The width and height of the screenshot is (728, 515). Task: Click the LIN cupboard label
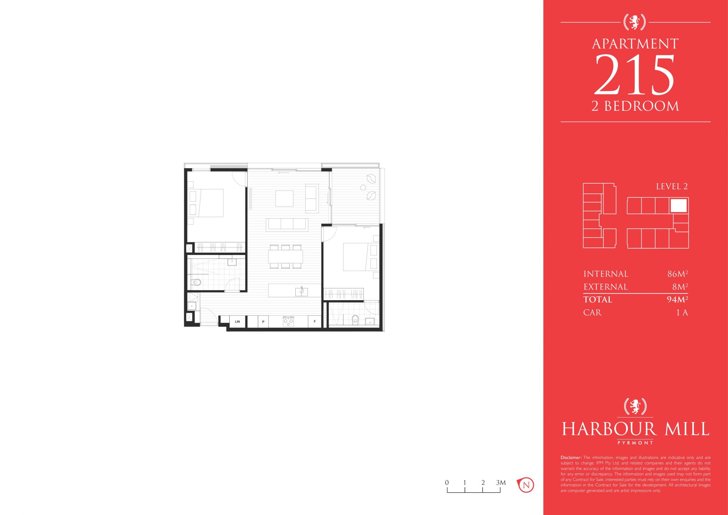point(237,322)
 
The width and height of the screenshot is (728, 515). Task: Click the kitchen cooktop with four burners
point(288,321)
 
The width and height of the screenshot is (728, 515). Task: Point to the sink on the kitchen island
point(302,291)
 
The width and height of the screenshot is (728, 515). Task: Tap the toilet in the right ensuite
point(355,319)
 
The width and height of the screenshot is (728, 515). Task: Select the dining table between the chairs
point(286,256)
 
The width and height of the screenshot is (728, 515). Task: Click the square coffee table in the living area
point(284,198)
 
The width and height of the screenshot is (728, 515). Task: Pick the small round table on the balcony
point(363,187)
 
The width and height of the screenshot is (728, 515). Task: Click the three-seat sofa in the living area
point(286,224)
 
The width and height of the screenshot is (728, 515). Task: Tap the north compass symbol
point(526,485)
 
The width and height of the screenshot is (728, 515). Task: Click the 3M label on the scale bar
point(501,483)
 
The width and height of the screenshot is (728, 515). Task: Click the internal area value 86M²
point(678,274)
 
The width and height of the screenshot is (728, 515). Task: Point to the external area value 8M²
point(680,287)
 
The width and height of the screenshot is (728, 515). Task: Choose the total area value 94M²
point(678,299)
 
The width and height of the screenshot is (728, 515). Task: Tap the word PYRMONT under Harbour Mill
point(635,443)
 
